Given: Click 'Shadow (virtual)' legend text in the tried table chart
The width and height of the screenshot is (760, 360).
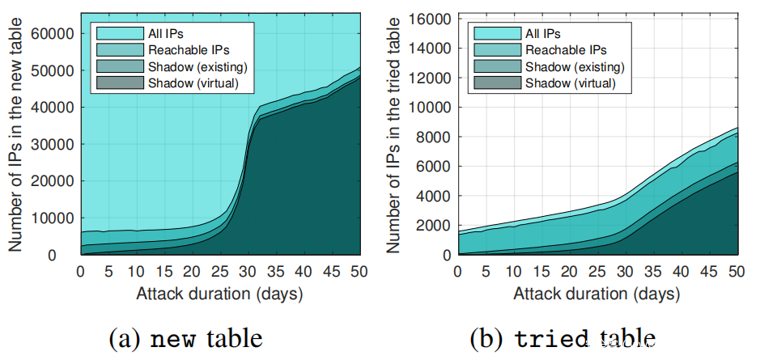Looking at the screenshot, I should pyautogui.click(x=571, y=83).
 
